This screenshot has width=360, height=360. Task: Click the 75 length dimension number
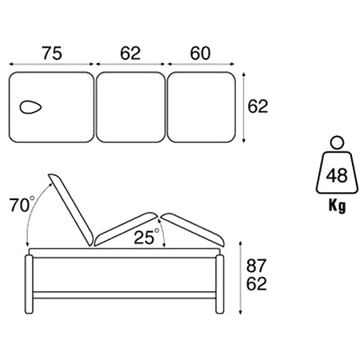[x=52, y=53]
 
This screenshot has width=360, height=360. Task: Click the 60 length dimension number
[x=200, y=53]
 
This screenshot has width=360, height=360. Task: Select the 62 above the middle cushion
[x=130, y=53]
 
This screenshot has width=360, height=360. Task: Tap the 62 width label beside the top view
[x=258, y=106]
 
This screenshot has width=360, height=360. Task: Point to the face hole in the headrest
[x=30, y=107]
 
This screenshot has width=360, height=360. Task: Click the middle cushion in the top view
[x=130, y=107]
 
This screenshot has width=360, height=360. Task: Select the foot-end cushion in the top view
[x=202, y=107]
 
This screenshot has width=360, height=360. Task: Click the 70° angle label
[x=22, y=205]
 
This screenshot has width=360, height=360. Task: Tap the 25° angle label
[x=146, y=237]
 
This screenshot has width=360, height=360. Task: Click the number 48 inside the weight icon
[x=337, y=176]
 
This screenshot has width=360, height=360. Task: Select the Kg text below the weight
[x=337, y=206]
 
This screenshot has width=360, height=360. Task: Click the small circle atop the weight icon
[x=337, y=142]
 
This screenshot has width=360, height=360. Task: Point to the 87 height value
[x=256, y=266]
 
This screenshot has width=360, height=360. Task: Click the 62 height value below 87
[x=256, y=284]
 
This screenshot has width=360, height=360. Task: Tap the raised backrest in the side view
[x=70, y=210]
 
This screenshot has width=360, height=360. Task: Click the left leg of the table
[x=29, y=284]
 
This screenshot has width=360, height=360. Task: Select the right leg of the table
[x=220, y=284]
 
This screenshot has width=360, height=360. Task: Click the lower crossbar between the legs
[x=124, y=295]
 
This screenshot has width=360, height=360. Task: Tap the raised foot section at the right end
[x=193, y=229]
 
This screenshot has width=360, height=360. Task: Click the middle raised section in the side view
[x=126, y=229]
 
